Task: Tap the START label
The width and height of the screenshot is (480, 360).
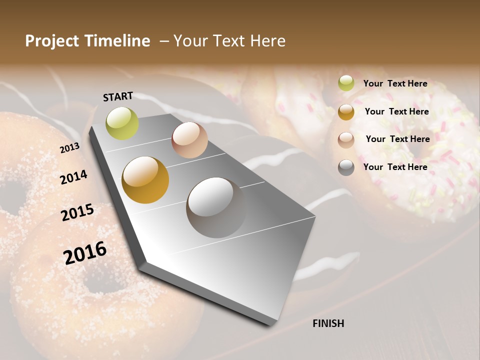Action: coord(118,96)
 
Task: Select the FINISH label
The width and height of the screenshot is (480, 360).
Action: coord(328,323)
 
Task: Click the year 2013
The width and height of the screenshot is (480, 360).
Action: coord(69,148)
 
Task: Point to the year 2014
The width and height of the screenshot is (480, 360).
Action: coord(73,177)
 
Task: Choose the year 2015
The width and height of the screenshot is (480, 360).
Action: coord(77,212)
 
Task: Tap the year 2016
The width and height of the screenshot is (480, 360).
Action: coord(85,253)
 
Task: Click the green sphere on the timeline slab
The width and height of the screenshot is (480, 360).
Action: coord(122,123)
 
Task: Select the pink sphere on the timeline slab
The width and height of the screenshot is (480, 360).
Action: coord(189,139)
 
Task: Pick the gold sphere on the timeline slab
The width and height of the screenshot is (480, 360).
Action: coord(145,180)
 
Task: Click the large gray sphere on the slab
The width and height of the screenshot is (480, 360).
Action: coord(216,207)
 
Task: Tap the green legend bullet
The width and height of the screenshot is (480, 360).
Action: coord(346,83)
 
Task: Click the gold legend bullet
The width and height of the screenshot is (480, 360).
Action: coord(346,112)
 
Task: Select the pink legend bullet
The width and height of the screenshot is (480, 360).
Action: coord(346,139)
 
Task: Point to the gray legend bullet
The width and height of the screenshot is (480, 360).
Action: coord(346,167)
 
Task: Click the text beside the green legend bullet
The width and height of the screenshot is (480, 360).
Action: coord(395,83)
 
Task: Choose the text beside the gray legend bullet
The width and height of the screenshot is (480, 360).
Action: coord(395,167)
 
